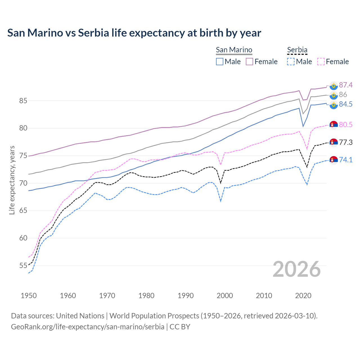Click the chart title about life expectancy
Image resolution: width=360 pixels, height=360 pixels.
pyautogui.click(x=134, y=33)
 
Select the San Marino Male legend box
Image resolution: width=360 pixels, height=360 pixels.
pyautogui.click(x=220, y=62)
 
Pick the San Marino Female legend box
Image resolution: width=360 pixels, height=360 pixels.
pyautogui.click(x=249, y=62)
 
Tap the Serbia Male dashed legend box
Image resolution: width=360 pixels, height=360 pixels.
pyautogui.click(x=291, y=62)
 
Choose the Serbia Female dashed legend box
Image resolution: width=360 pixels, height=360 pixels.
pyautogui.click(x=321, y=62)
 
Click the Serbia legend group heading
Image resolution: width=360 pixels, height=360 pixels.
pyautogui.click(x=297, y=50)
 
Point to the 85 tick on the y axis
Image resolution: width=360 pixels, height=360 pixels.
pyautogui.click(x=23, y=101)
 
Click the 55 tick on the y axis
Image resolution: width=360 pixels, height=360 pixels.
pyautogui.click(x=23, y=265)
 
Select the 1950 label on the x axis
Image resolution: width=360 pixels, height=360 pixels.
pyautogui.click(x=29, y=296)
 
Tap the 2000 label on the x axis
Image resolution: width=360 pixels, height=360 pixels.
pyautogui.click(x=225, y=296)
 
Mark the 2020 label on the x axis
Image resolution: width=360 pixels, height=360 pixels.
pyautogui.click(x=303, y=296)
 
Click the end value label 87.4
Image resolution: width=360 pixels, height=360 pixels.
pyautogui.click(x=346, y=85)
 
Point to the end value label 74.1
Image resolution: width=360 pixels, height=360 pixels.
pyautogui.click(x=346, y=160)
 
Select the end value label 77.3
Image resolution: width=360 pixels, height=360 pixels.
pyautogui.click(x=346, y=143)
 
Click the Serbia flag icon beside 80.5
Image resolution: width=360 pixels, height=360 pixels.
pyautogui.click(x=334, y=125)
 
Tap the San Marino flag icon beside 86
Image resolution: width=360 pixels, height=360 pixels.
pyautogui.click(x=334, y=95)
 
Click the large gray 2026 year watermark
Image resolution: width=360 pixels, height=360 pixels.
pyautogui.click(x=297, y=269)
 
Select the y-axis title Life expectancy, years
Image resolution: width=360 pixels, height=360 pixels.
pyautogui.click(x=12, y=180)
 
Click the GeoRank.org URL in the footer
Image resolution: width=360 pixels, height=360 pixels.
pyautogui.click(x=87, y=327)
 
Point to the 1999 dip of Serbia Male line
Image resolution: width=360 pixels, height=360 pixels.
pyautogui.click(x=221, y=201)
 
